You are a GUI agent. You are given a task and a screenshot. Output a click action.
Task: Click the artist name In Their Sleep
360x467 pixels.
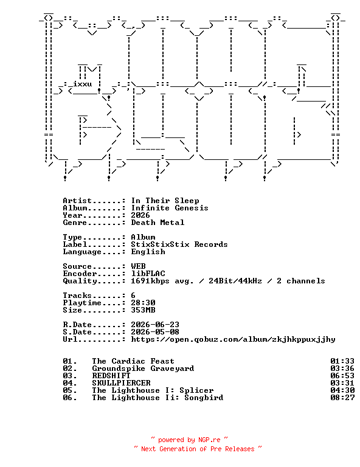pos(165,201)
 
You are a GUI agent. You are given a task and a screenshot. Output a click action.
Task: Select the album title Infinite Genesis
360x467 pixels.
pos(170,208)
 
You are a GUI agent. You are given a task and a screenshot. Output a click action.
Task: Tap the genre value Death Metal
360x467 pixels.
pos(157,223)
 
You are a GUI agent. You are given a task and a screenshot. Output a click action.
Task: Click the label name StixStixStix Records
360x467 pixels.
pos(179,244)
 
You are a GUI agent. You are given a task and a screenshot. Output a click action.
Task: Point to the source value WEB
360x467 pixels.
pos(138,266)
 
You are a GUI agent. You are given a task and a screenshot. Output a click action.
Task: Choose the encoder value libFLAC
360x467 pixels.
pos(148,274)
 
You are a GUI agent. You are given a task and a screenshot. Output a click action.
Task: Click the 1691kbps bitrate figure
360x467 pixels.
pos(150,281)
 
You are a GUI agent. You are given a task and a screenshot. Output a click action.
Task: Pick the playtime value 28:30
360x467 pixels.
pos(143,303)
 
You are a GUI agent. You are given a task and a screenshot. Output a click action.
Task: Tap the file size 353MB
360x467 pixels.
pos(143,310)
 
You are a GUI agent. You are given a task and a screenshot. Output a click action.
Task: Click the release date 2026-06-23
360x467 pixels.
pos(155,325)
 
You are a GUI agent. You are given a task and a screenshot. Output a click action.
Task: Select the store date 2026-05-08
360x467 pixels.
pos(155,332)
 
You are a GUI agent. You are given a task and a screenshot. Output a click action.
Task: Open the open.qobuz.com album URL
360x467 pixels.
pos(233,339)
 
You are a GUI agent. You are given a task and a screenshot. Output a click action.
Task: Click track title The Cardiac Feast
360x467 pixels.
pos(133,361)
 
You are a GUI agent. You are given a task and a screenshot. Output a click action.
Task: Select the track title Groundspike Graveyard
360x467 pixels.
pos(143,368)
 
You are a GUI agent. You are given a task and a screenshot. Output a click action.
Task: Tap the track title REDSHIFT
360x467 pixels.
pos(111,376)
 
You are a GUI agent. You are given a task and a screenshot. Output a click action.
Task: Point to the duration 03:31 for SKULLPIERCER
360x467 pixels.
pos(342,383)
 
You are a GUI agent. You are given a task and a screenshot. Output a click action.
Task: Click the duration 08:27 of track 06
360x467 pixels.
pos(342,398)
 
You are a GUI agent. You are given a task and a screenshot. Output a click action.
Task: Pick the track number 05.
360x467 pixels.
pos(70,390)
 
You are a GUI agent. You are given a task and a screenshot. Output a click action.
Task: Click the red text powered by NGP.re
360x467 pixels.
pos(189,440)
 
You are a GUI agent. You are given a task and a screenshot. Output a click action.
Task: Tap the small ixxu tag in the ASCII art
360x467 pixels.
pos(83,84)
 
